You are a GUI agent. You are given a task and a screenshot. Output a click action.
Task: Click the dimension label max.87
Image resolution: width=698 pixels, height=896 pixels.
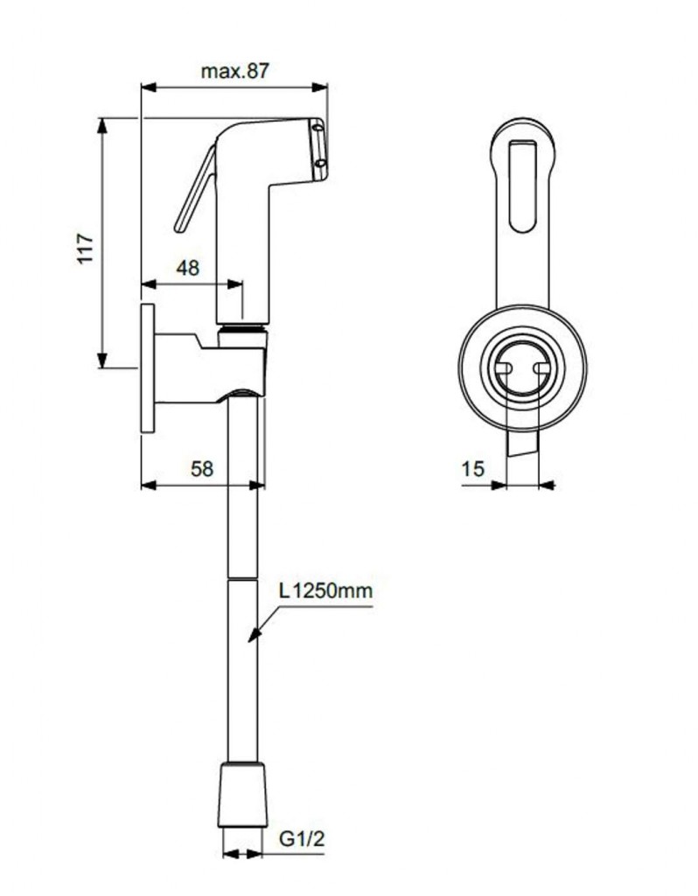234,72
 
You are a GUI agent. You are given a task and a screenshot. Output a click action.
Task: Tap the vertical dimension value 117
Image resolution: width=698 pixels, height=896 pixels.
86,248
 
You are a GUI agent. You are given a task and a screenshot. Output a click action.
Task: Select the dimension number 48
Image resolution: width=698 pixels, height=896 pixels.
187,268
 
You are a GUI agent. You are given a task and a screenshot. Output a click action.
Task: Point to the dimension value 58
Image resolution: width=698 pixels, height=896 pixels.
202,468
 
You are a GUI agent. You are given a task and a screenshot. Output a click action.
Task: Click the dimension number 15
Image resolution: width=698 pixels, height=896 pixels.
472,469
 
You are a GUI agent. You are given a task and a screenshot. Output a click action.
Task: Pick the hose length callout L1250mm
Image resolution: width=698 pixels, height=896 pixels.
325,591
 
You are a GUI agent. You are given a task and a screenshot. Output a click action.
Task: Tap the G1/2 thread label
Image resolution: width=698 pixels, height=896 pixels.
302,839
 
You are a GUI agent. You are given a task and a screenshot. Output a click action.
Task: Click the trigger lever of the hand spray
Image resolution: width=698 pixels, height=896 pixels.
196,191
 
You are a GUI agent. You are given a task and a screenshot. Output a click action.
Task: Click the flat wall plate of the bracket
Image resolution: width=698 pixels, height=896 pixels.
147,367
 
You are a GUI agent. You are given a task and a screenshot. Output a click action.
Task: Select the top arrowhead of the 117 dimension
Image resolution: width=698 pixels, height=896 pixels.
102,126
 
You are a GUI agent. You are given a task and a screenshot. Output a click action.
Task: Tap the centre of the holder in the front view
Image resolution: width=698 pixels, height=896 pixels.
522,368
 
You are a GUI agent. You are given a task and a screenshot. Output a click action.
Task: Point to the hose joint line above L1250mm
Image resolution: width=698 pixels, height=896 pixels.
243,577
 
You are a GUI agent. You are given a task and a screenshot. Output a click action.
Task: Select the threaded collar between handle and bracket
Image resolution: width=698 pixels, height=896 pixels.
242,331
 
